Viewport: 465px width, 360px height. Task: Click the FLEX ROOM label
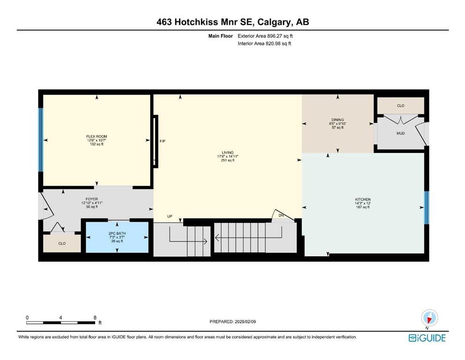point(96,136)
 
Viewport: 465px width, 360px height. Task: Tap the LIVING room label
point(228,152)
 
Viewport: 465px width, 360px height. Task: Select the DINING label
point(338,120)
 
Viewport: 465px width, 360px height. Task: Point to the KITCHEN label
point(363,199)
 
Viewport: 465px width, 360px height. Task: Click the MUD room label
point(400,133)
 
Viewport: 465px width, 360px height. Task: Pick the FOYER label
point(92,199)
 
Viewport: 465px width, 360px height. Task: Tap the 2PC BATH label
point(117,233)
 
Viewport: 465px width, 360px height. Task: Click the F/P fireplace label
point(162,141)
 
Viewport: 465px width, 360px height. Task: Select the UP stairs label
point(170,217)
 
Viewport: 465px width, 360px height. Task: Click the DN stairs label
point(281,215)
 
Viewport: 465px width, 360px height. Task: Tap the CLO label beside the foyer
point(62,243)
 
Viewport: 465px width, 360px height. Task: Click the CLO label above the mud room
point(400,105)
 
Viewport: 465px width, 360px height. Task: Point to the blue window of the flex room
point(41,140)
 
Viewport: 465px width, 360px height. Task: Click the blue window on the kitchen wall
point(427,208)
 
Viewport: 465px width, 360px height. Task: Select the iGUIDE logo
point(427,338)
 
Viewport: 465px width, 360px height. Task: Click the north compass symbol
point(429,318)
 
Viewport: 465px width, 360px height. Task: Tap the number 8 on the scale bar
point(95,317)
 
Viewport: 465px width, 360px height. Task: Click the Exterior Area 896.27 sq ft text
point(265,36)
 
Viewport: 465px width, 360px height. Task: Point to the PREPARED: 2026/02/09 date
point(232,322)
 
